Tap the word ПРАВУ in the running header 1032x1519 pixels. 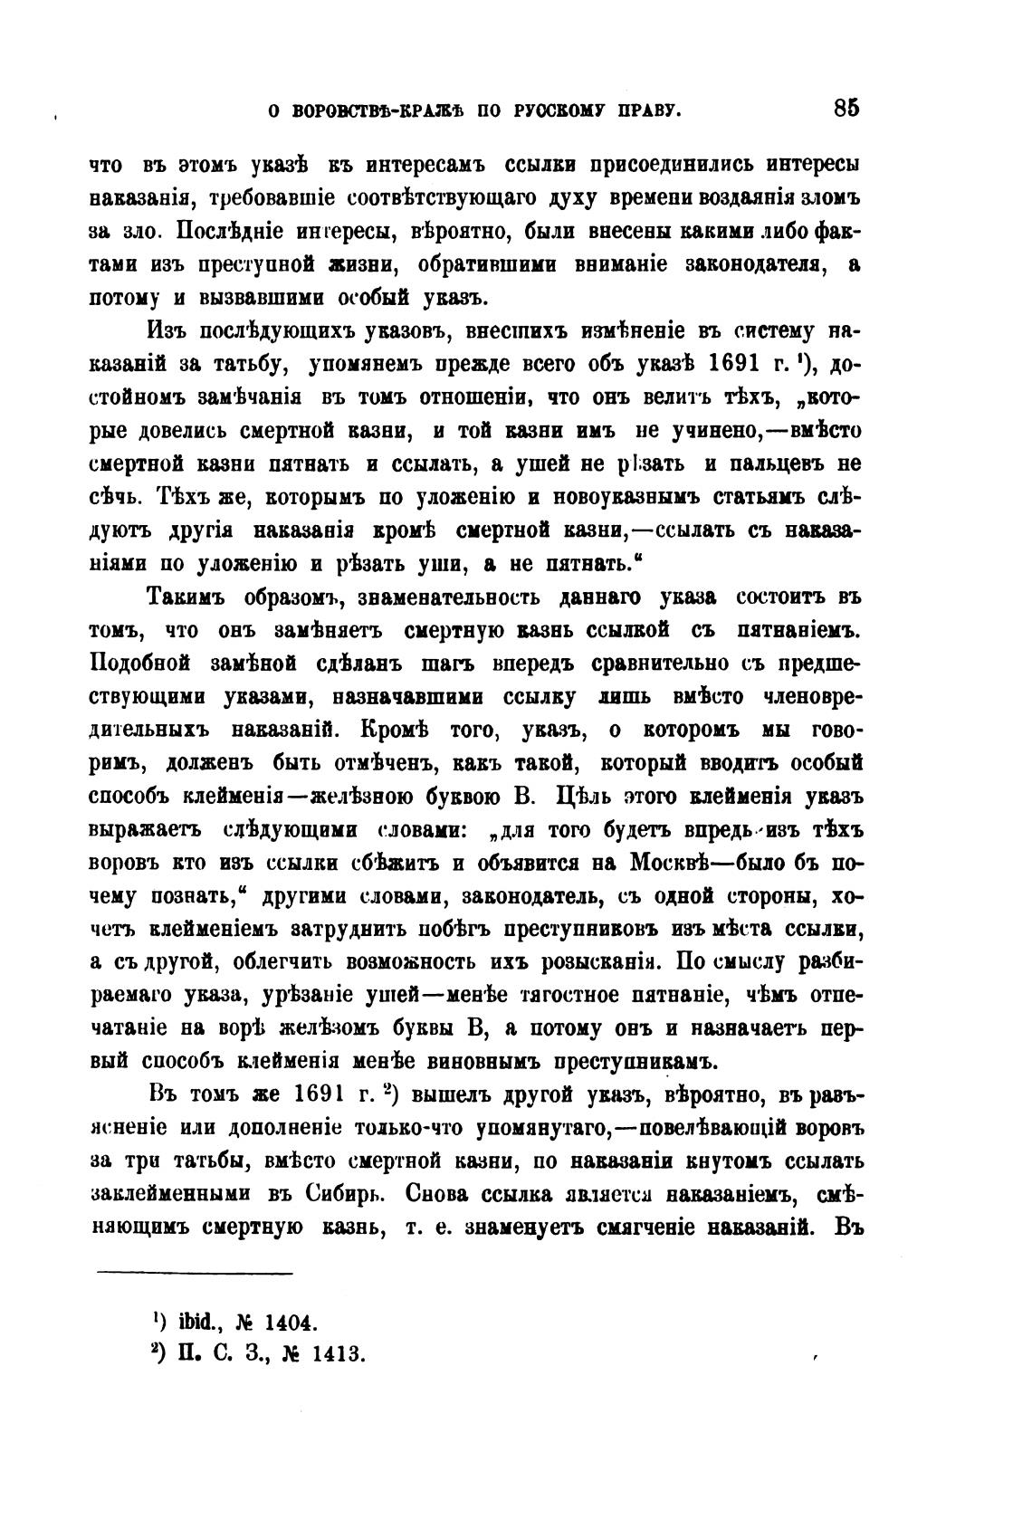pos(645,111)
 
